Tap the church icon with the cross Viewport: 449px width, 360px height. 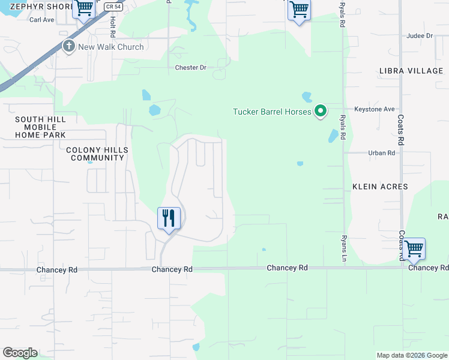pos(68,46)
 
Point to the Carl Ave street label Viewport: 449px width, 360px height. pos(42,20)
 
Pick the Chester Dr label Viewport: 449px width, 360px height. pos(190,68)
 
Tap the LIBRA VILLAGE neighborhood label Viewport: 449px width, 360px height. pos(411,71)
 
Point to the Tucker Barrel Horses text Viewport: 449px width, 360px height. pos(272,112)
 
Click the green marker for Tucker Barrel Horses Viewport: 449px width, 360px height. pos(321,111)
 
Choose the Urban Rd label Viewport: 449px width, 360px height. pos(382,153)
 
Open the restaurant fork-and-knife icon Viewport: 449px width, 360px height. pos(169,218)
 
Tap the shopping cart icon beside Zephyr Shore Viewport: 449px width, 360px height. pos(84,8)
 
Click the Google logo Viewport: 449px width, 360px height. pos(20,353)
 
